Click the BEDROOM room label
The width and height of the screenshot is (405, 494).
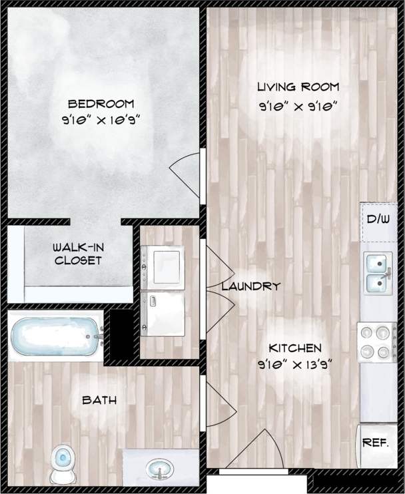pos(101,104)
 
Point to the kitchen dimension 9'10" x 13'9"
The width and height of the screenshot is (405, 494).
pos(295,364)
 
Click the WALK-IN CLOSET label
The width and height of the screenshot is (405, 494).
pos(77,254)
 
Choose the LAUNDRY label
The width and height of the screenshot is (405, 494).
pos(250,286)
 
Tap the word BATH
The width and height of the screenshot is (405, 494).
pos(99,400)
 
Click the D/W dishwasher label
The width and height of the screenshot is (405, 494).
pos(378,218)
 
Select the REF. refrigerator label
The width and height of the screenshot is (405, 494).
pos(375,443)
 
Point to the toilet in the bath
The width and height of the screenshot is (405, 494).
pos(63,463)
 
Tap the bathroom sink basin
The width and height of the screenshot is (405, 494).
pos(161,469)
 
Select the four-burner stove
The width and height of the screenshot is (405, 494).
pos(377,342)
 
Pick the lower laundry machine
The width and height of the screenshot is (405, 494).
pos(163,314)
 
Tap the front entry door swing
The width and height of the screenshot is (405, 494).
pos(250,450)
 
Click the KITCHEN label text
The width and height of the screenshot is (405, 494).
pos(295,348)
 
